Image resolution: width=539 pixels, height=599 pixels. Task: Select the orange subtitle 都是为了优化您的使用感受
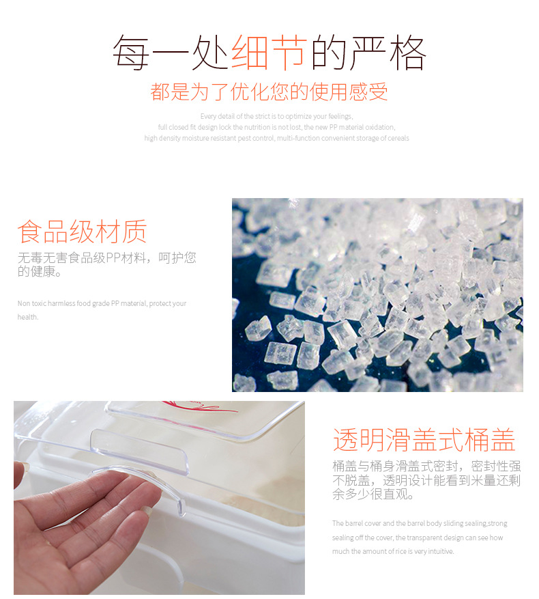coord(269,92)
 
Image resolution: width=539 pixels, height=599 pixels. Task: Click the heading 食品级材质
coord(82,232)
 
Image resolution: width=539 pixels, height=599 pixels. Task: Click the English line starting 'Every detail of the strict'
coord(276,117)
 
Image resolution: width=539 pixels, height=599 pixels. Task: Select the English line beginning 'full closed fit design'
coord(276,128)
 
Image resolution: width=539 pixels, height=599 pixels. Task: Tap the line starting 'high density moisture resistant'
coord(276,139)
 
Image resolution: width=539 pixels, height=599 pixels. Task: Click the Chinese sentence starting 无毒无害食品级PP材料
coord(106,258)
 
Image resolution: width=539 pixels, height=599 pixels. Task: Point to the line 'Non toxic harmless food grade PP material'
coord(102,303)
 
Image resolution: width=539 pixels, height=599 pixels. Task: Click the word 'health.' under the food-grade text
coord(28,317)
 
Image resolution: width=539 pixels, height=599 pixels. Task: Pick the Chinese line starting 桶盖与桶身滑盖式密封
coord(426,466)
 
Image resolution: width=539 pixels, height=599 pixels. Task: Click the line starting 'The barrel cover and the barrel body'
coord(420,524)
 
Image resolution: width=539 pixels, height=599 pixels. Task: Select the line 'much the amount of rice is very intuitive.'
coord(393,551)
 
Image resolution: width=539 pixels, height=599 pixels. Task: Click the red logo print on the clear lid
coord(205,408)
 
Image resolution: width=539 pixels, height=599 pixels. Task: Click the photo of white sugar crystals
coord(377,294)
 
